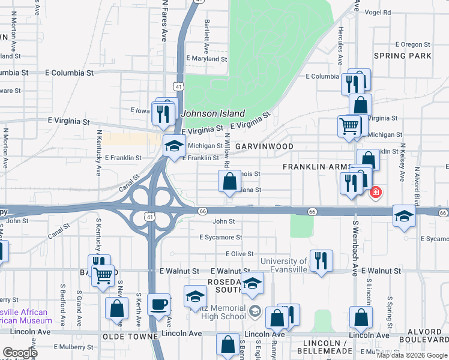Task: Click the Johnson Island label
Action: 213,113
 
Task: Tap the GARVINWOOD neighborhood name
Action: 264,146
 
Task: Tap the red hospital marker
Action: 376,193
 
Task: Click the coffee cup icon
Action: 158,304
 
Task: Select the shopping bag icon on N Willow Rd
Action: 229,181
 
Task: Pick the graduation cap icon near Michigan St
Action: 174,146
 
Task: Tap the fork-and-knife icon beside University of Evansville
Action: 321,260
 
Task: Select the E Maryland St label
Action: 206,59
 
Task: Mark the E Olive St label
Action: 240,254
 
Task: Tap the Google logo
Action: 20,352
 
